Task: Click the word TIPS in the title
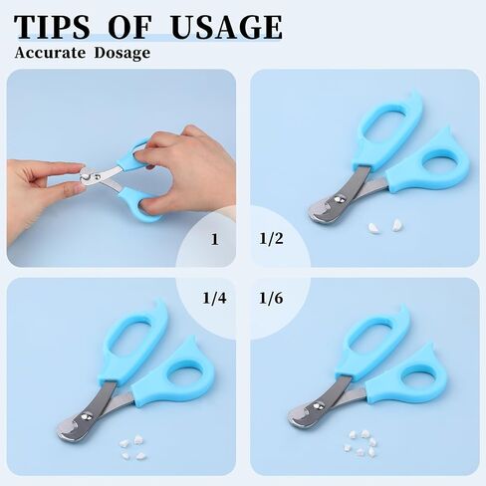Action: pyautogui.click(x=52, y=27)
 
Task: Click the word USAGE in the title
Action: pyautogui.click(x=227, y=27)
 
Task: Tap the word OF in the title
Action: pyautogui.click(x=130, y=27)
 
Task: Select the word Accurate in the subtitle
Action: pyautogui.click(x=50, y=53)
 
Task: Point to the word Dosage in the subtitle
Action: pyautogui.click(x=121, y=54)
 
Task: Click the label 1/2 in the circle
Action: pyautogui.click(x=271, y=239)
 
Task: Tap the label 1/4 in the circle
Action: pyautogui.click(x=214, y=298)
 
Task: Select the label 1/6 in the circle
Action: pyautogui.click(x=271, y=298)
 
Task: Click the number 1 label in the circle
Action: pyautogui.click(x=215, y=239)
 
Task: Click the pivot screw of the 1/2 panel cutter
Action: pyautogui.click(x=339, y=199)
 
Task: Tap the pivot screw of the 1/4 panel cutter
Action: pyautogui.click(x=87, y=415)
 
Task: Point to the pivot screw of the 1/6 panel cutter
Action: pyautogui.click(x=319, y=405)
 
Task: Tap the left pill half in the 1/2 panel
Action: pyautogui.click(x=373, y=227)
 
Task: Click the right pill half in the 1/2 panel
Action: pyautogui.click(x=396, y=225)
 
